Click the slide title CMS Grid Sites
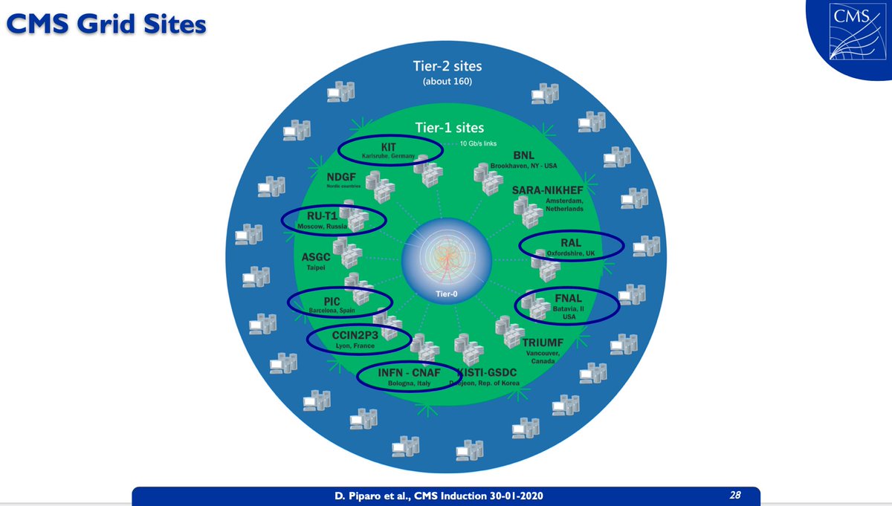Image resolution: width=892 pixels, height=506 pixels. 103,24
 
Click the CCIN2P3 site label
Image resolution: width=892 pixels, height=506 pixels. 355,335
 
